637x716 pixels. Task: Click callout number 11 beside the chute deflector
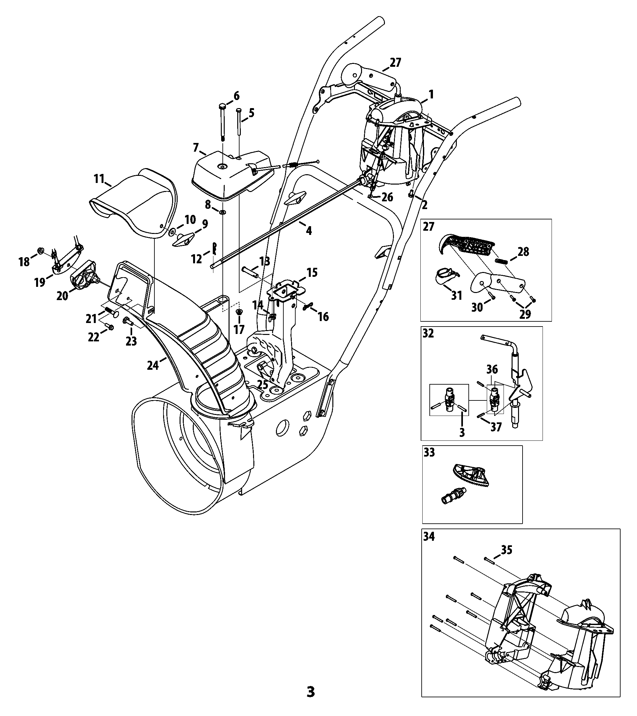99,179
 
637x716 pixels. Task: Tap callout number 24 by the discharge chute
153,365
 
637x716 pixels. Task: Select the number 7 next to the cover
196,147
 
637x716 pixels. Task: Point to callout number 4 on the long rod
309,230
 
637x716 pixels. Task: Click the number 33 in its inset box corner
429,452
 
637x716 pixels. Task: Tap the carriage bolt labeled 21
111,311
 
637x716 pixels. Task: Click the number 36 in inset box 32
492,369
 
